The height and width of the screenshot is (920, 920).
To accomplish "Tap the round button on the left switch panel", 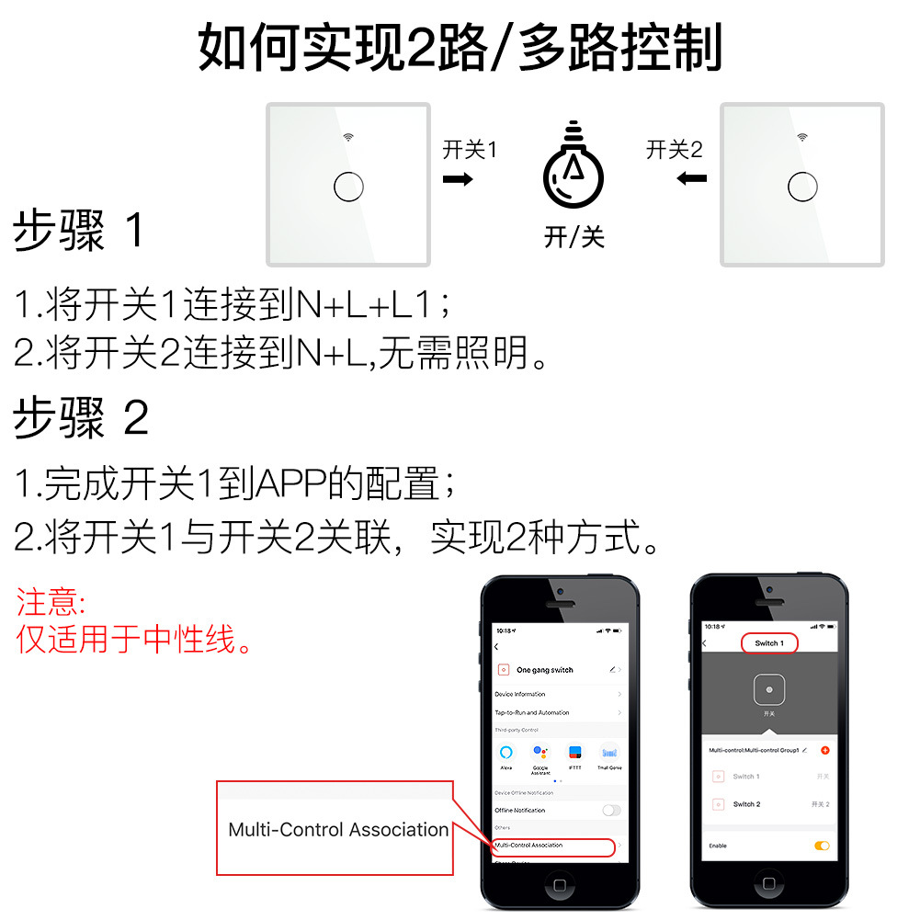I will (348, 186).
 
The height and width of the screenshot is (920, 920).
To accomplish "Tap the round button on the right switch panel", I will (802, 186).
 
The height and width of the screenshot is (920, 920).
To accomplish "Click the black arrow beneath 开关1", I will (458, 178).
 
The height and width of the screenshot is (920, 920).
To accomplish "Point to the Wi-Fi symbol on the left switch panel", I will (348, 138).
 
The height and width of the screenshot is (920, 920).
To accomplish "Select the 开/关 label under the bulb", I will (574, 237).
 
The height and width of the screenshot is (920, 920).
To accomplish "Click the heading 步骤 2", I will (81, 419).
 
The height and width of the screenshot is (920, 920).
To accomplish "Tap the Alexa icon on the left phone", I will (506, 752).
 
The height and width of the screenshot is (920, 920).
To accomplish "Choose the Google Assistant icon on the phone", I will (540, 752).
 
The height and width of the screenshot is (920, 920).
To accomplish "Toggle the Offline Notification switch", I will (610, 810).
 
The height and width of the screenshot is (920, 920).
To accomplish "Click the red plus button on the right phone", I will (824, 750).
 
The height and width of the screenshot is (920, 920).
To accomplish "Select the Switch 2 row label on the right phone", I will (746, 804).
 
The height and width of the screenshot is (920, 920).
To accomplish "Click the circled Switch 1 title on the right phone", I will (768, 643).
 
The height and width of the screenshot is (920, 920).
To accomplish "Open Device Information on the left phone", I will (520, 694).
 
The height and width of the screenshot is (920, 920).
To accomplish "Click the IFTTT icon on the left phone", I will (575, 752).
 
